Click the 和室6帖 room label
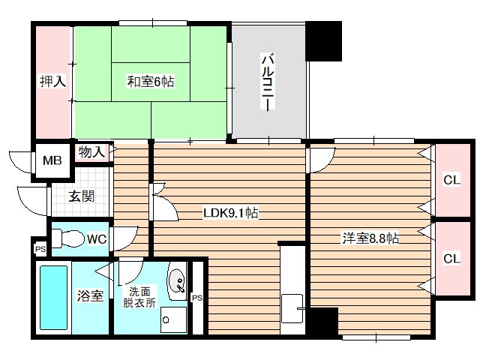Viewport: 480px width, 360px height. tap(150, 81)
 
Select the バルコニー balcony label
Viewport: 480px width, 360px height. tap(266, 82)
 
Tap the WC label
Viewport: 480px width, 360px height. tap(96, 239)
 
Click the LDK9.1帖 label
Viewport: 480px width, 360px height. tap(231, 213)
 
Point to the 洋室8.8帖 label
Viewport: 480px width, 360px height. tap(370, 239)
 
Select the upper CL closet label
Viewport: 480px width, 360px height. tap(451, 180)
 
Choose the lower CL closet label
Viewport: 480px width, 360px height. tap(451, 258)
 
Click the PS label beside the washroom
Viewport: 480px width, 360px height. tap(197, 298)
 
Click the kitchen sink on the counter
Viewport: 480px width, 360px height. tap(290, 307)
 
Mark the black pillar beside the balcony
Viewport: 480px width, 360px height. tap(324, 41)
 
